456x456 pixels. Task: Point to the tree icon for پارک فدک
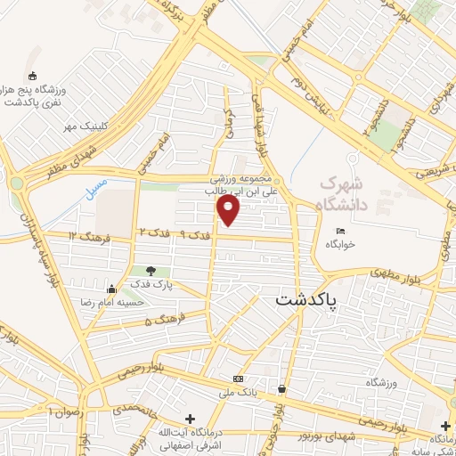pyautogui.click(x=151, y=271)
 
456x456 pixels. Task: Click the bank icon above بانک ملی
pyautogui.click(x=237, y=379)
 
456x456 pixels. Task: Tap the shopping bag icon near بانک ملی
pyautogui.click(x=281, y=388)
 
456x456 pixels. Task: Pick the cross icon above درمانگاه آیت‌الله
pyautogui.click(x=190, y=419)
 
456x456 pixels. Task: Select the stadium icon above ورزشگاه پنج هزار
pyautogui.click(x=33, y=76)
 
